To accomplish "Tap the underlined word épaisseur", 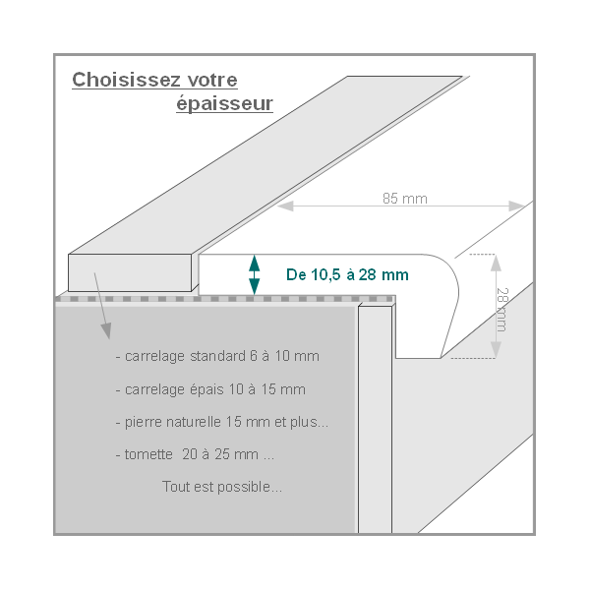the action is (224, 104).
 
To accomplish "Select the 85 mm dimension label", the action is (405, 199).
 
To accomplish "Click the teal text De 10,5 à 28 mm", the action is (347, 274).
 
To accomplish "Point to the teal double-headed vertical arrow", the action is (255, 274).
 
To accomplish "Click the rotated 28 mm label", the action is (502, 310).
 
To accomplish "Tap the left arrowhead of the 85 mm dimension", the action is (285, 206).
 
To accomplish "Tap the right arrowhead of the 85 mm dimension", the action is (516, 206).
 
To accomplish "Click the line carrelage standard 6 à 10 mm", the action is (218, 356).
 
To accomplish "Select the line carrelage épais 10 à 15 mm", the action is (210, 389).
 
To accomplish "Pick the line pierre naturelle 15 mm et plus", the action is (222, 422).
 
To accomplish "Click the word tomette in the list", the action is (148, 454).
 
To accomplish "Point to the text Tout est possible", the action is (222, 487).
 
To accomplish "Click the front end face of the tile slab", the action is (130, 272).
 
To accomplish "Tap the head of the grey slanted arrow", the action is (106, 330).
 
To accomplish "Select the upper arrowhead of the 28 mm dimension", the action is (496, 263).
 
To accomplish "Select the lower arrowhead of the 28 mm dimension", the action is (496, 350).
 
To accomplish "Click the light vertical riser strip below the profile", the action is (376, 419).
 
